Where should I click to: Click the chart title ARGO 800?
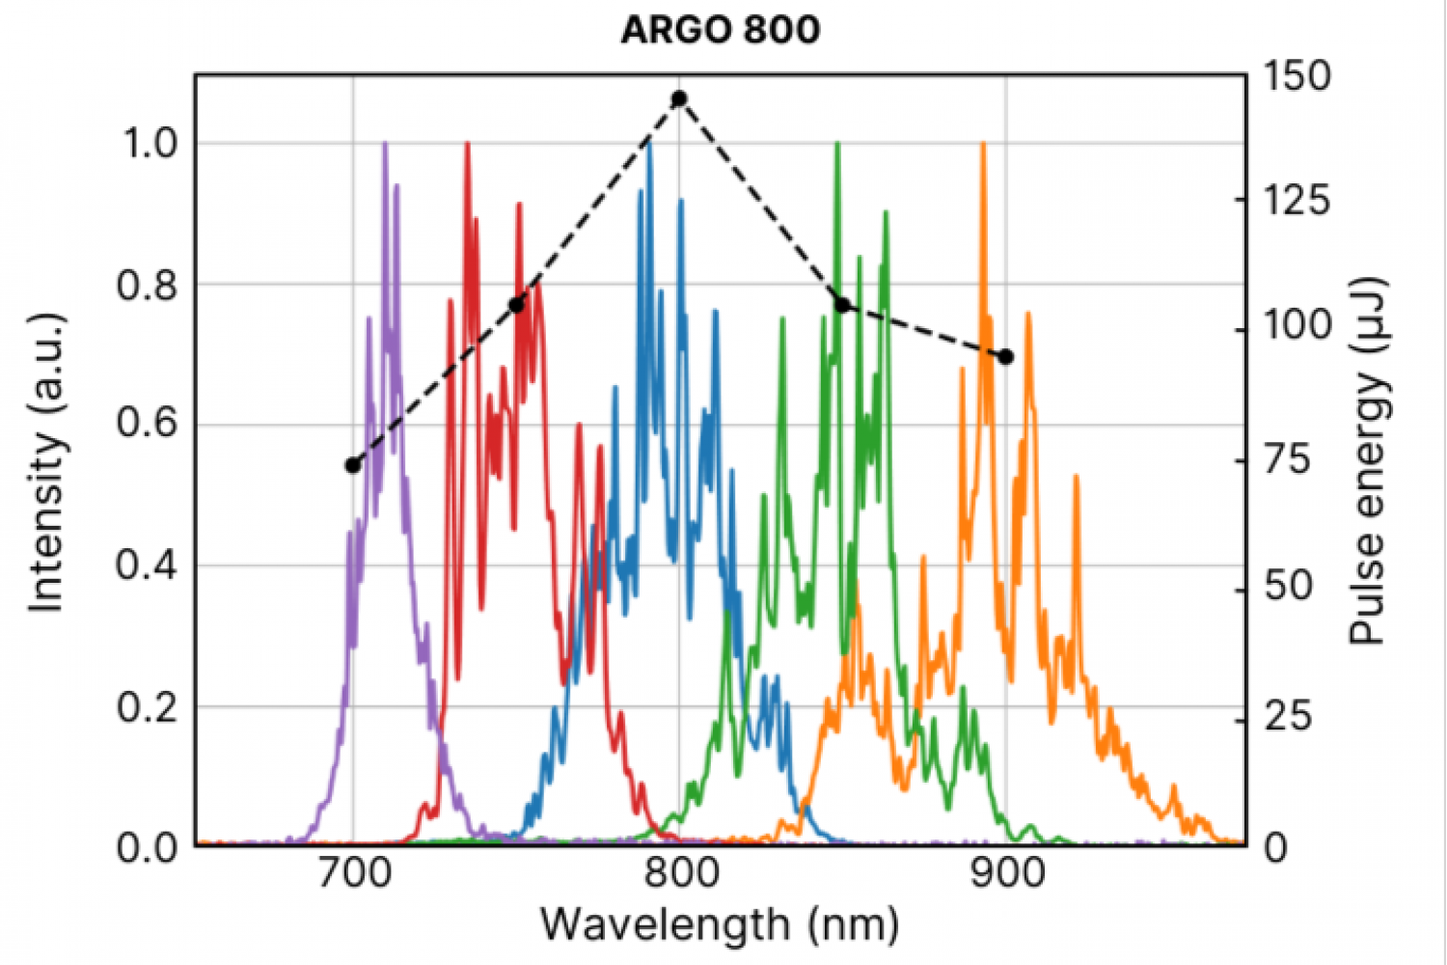(x=720, y=30)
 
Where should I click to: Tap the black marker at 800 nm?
(x=679, y=98)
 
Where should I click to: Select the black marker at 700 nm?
(x=353, y=465)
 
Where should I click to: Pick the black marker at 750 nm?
(x=516, y=305)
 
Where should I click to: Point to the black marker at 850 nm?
(x=842, y=305)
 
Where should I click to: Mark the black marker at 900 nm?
(x=1005, y=357)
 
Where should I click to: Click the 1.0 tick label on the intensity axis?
(x=150, y=144)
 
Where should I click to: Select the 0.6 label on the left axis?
(x=150, y=426)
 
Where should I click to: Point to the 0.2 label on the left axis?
(x=150, y=707)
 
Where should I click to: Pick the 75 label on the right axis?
(x=1288, y=459)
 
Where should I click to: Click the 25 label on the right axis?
(x=1288, y=717)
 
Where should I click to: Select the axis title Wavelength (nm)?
(x=720, y=924)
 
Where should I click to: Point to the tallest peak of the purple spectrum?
(x=385, y=145)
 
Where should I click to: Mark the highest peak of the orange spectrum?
(x=983, y=145)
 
